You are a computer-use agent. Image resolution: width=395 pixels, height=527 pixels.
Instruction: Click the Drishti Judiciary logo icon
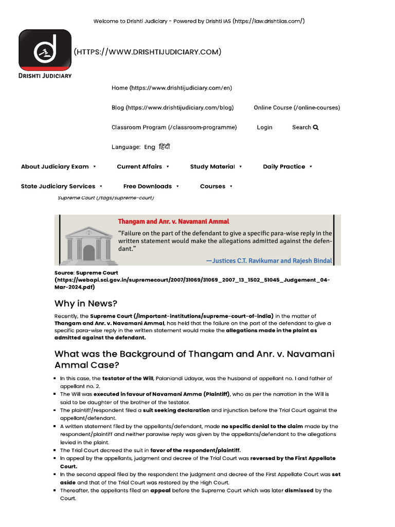coord(45,50)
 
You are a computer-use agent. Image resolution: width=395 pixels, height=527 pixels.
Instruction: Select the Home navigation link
coord(172,88)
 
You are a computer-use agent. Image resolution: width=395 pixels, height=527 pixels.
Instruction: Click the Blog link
coord(172,108)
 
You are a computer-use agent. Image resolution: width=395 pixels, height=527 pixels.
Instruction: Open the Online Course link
coord(296,108)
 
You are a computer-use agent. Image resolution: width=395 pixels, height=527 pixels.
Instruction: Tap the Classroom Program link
coord(174,127)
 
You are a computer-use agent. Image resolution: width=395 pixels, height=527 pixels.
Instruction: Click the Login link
coord(264,127)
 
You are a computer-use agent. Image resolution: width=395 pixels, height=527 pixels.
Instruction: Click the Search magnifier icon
coord(316,127)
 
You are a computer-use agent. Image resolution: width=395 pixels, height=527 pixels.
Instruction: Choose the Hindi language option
coord(164,147)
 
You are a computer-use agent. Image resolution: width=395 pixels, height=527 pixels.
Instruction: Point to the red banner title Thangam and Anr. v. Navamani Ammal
coord(173,221)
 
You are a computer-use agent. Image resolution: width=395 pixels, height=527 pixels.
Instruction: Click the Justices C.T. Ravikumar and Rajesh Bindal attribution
coord(269,260)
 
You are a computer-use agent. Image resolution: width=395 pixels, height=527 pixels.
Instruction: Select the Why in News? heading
coord(86,303)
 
